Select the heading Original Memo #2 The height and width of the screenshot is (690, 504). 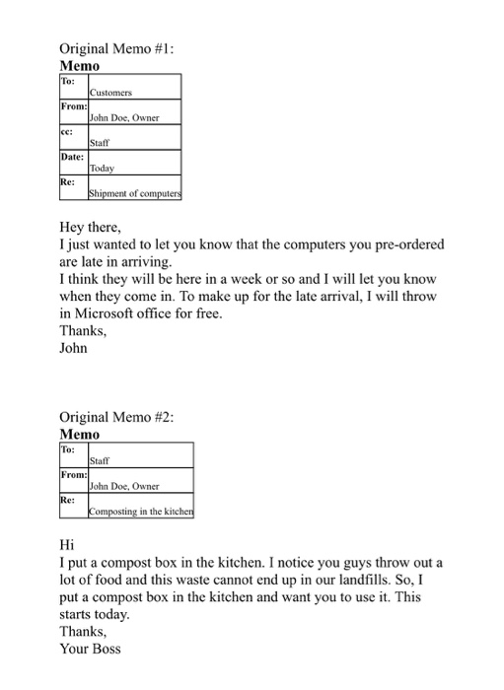(x=116, y=417)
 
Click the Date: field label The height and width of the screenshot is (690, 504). (x=74, y=156)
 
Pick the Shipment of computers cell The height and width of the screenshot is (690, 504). (x=134, y=194)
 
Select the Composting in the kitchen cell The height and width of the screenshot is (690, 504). (x=141, y=512)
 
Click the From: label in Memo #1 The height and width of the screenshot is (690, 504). (x=75, y=104)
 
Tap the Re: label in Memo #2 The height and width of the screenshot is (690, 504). (x=70, y=499)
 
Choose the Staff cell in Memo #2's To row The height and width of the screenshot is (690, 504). (x=99, y=460)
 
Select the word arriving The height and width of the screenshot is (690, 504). (x=145, y=262)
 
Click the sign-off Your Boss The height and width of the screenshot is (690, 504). (x=90, y=650)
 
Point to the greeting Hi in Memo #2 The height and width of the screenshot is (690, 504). (x=67, y=545)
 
